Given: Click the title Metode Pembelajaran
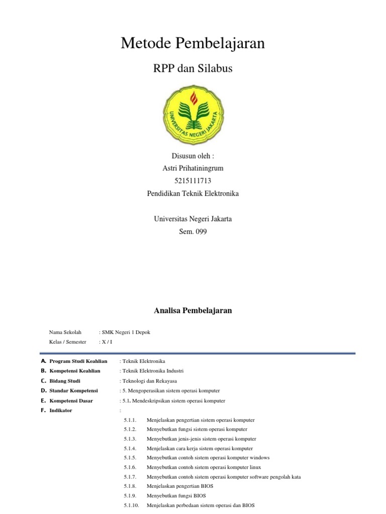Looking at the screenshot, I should click(x=192, y=44).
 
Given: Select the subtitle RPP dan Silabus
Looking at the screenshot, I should click(x=192, y=69).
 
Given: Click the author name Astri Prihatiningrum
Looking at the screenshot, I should click(x=193, y=168).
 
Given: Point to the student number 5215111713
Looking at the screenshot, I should click(x=193, y=181).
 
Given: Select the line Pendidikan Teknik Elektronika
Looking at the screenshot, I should click(x=193, y=193).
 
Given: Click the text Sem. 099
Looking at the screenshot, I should click(x=193, y=231).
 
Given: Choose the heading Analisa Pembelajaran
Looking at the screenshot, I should click(x=192, y=311).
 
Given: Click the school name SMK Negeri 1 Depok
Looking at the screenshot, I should click(x=126, y=332).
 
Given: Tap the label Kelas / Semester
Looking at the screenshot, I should click(x=67, y=342).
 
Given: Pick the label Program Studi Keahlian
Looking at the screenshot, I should click(x=78, y=361).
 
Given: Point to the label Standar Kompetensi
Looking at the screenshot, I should click(x=73, y=391).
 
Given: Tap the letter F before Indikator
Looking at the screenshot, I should click(x=44, y=411).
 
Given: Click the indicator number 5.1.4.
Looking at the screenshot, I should click(x=130, y=448).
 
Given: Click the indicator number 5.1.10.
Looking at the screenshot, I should click(x=131, y=505).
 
